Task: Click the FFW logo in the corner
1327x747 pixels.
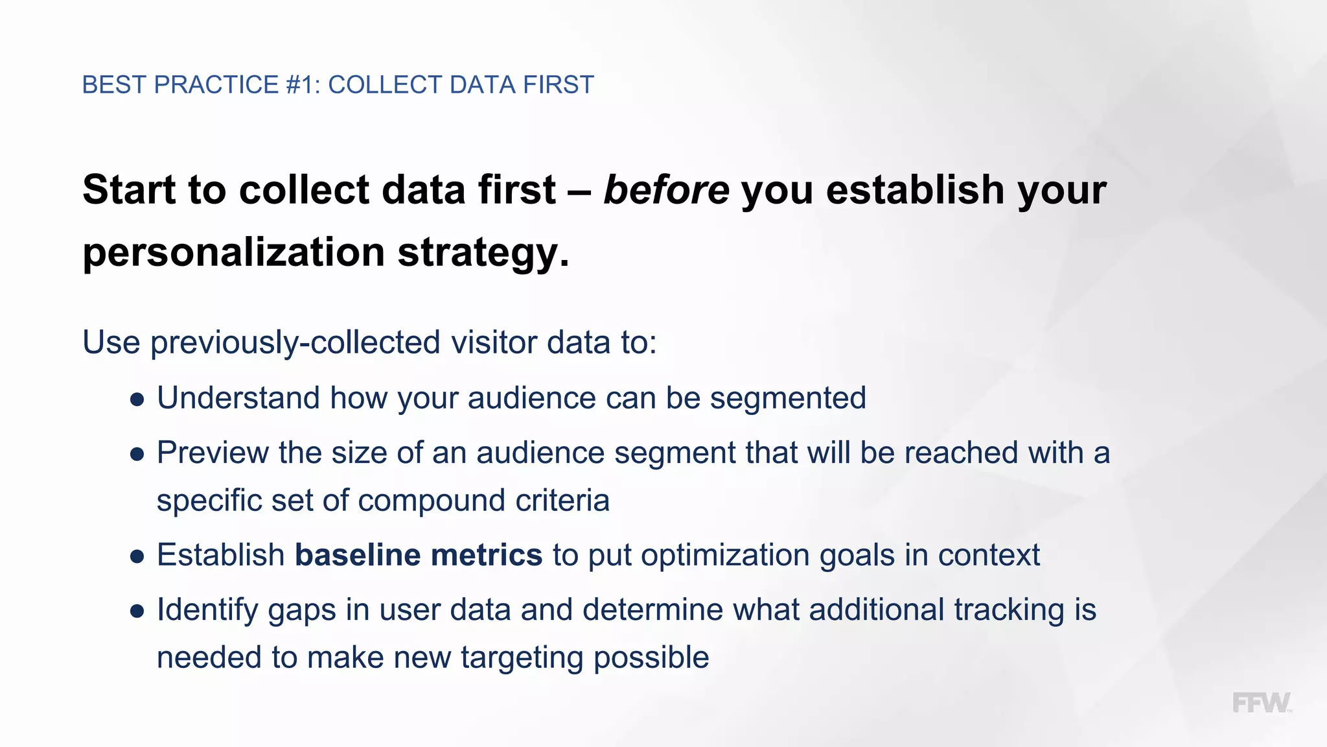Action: click(1261, 704)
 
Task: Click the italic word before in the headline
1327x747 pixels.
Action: click(666, 190)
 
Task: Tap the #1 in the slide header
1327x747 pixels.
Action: click(303, 85)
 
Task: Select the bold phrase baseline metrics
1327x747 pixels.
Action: click(419, 555)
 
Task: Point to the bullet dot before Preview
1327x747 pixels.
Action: click(137, 455)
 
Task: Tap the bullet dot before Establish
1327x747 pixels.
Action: click(137, 557)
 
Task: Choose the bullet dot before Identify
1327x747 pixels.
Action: click(137, 611)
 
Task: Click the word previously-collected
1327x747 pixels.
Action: click(295, 342)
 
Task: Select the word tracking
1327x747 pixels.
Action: click(1009, 610)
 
